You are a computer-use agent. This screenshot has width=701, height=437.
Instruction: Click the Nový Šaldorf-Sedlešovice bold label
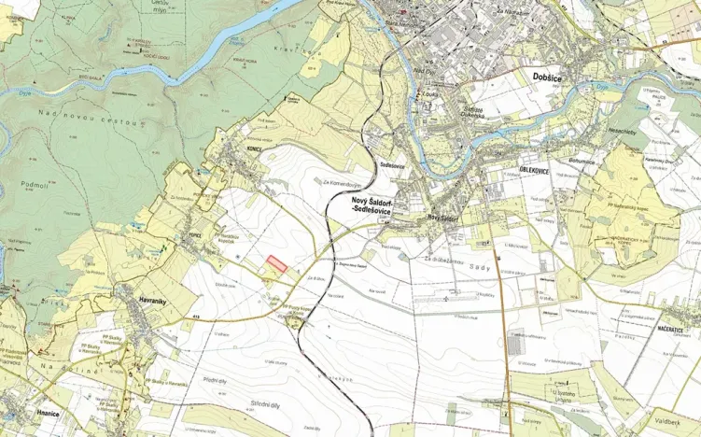pos(371,206)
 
